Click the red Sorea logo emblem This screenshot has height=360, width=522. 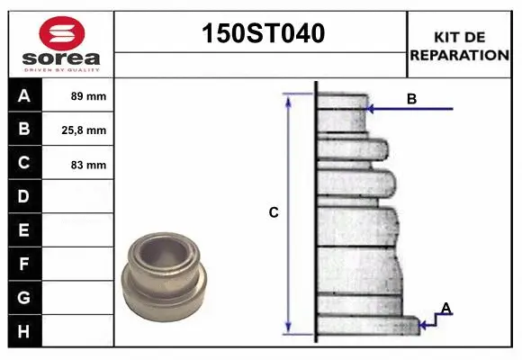[x=62, y=33]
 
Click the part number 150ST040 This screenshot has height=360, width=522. [x=263, y=33]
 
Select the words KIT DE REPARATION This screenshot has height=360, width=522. [x=459, y=46]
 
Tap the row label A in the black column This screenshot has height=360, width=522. [x=24, y=96]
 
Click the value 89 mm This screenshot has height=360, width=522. [x=88, y=96]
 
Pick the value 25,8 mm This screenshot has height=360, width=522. [x=84, y=130]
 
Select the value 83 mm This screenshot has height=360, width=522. [x=88, y=165]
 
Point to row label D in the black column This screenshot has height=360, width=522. [x=23, y=196]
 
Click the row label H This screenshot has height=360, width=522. [x=23, y=332]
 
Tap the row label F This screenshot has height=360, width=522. [x=23, y=264]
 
